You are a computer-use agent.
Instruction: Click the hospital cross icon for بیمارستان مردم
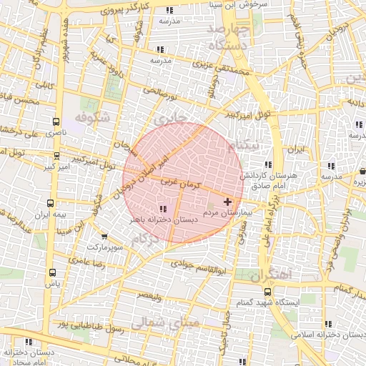click(228, 202)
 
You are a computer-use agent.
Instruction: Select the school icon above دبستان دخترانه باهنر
click(162, 209)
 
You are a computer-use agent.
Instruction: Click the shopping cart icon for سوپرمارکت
click(104, 237)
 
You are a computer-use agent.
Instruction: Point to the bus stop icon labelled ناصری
click(56, 122)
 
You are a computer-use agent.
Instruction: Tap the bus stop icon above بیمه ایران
click(49, 203)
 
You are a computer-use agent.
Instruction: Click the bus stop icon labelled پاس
click(52, 272)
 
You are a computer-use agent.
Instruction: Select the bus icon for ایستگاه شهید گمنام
click(267, 292)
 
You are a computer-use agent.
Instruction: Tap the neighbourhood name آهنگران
click(272, 273)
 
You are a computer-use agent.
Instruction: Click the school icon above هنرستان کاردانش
click(267, 164)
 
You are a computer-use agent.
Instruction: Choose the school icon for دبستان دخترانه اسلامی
click(328, 324)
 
